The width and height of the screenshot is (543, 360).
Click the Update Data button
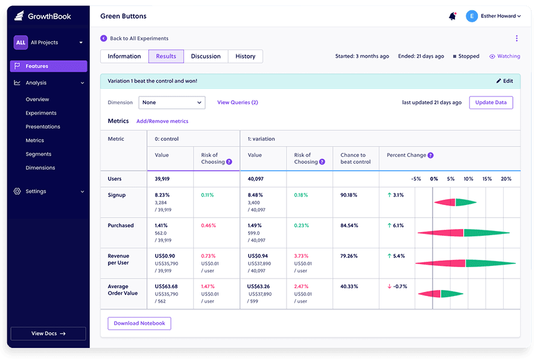(491, 103)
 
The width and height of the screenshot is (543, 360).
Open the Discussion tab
(206, 57)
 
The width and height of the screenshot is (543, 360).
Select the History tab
(245, 57)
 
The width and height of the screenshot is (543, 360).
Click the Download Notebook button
(139, 323)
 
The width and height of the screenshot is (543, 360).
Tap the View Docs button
(48, 333)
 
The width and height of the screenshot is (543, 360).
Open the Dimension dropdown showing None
(172, 103)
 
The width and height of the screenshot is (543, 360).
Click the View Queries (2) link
(237, 103)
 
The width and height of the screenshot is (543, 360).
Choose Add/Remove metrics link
(162, 121)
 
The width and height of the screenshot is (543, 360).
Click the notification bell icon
(453, 16)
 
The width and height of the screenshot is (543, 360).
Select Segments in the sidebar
(39, 154)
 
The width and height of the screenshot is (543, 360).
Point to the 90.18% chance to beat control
(349, 195)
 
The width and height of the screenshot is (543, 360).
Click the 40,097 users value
(256, 179)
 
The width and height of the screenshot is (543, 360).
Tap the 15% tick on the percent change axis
(487, 179)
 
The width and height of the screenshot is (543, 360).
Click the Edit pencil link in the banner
(504, 81)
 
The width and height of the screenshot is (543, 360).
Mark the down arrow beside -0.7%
(389, 286)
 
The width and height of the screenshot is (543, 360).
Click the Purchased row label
(121, 226)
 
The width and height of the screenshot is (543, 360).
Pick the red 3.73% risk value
(302, 256)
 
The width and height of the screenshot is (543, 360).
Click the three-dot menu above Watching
(516, 39)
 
